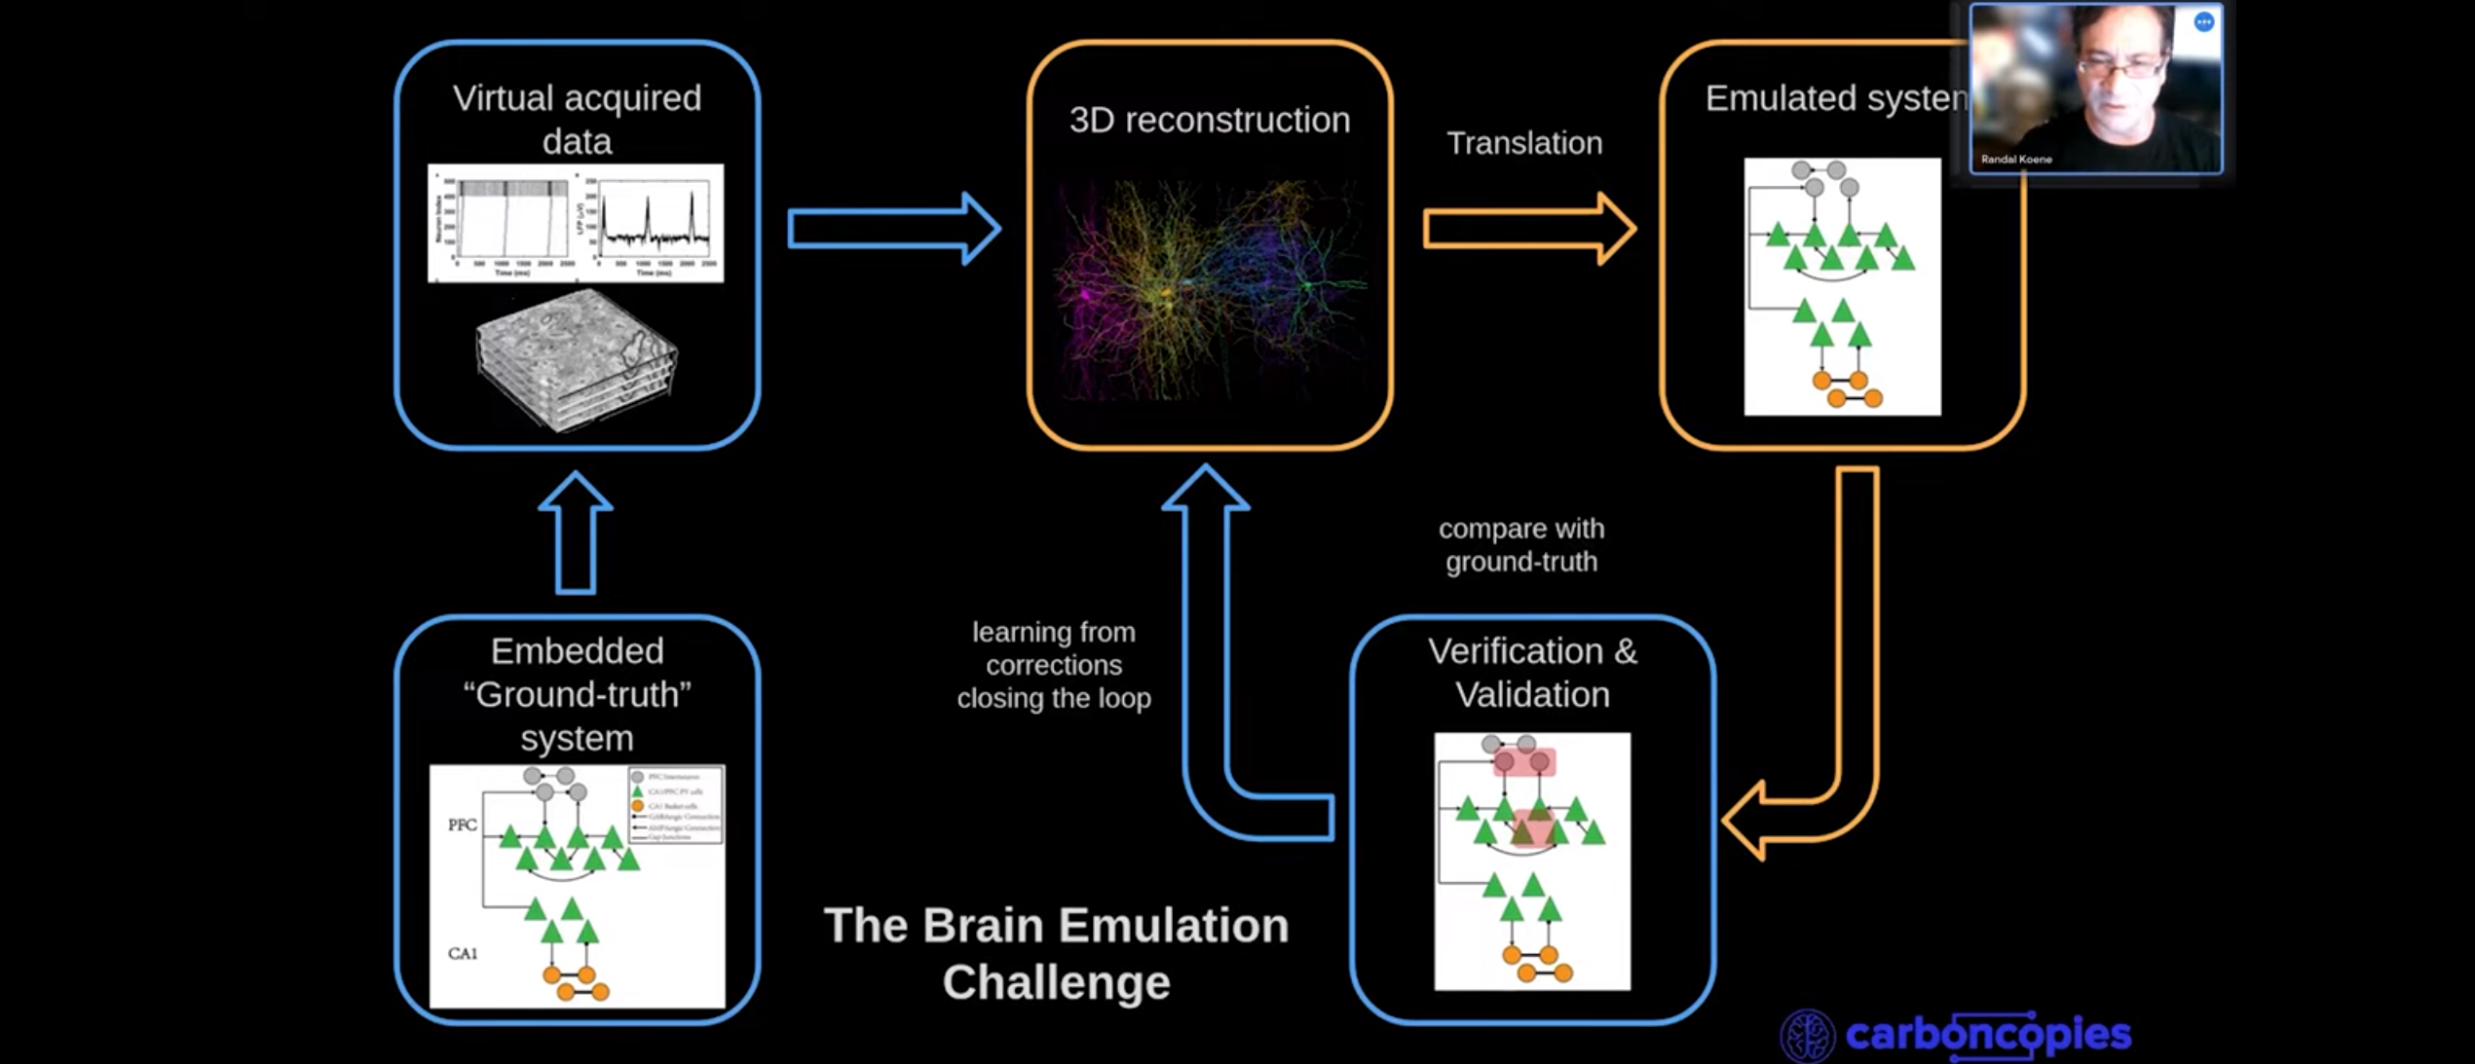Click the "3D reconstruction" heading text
1209,120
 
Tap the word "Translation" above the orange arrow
1523,143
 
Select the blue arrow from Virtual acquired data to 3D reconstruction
892,229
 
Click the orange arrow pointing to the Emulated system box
1527,230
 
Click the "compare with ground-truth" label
1520,545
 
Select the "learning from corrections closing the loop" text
1054,665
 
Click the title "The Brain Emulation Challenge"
1056,953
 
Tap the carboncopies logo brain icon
1808,1035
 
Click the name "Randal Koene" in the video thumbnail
2016,159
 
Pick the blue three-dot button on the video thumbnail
2203,22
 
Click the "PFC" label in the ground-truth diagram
463,825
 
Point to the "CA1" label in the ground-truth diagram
463,953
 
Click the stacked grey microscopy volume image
576,358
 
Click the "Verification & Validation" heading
1532,673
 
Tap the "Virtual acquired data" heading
577,119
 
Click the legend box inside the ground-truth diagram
676,805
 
